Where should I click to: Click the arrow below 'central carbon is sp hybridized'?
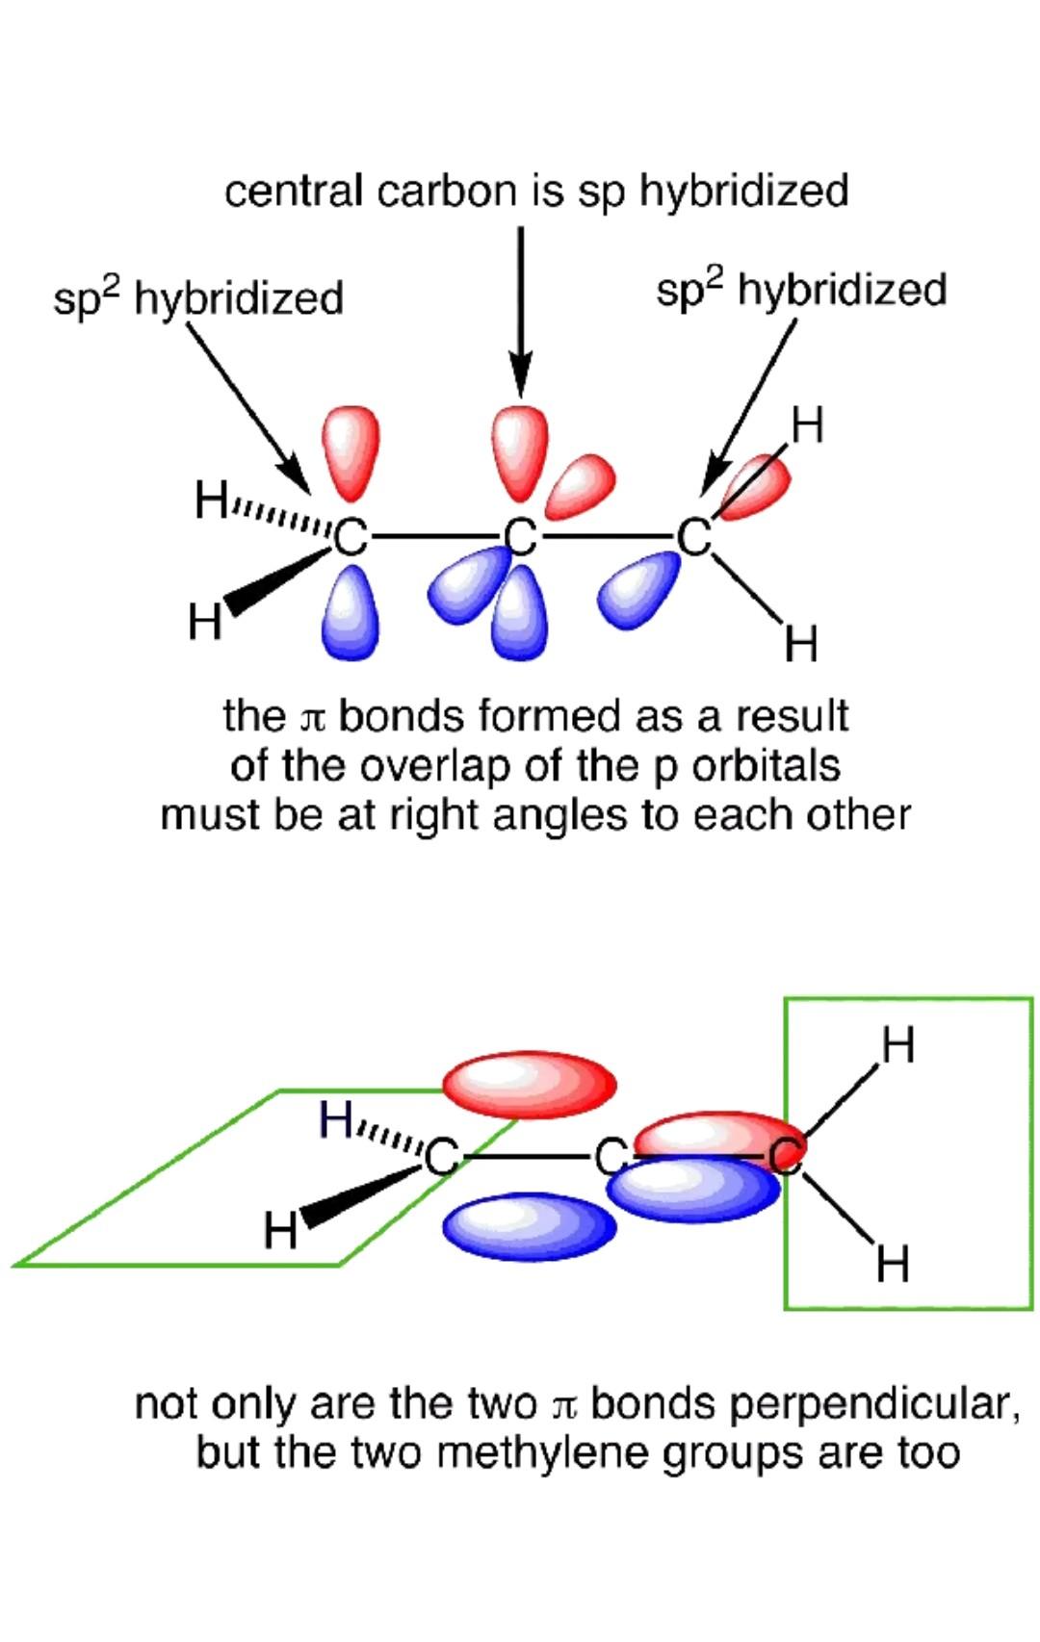coord(521,308)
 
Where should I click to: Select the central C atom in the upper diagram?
coord(520,537)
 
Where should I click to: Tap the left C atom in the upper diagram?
coord(351,537)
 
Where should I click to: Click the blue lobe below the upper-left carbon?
coord(351,612)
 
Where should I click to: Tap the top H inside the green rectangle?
coord(897,1045)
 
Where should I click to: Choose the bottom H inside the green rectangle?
coord(893,1263)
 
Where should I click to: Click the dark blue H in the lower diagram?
coord(337,1119)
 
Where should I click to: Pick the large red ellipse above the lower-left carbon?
coord(529,1085)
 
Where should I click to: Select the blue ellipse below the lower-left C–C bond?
coord(529,1226)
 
